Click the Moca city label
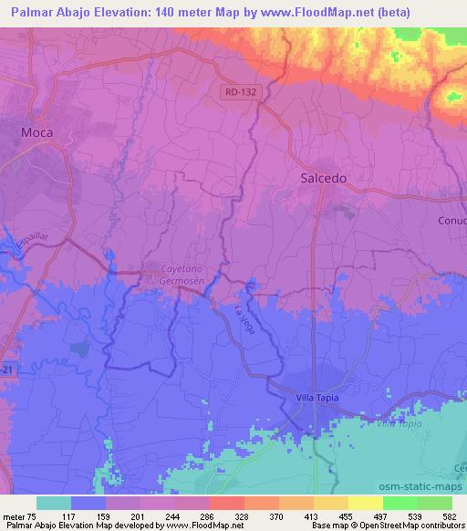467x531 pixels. click(37, 132)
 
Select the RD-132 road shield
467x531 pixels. click(240, 92)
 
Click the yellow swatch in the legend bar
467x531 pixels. click(365, 503)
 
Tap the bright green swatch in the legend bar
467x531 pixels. click(400, 503)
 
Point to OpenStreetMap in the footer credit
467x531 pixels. click(410, 526)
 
